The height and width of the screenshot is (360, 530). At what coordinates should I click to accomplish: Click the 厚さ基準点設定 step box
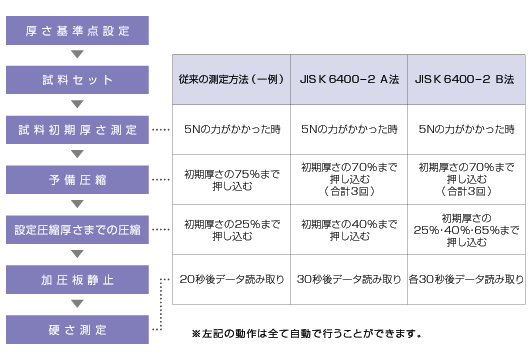pos(76,30)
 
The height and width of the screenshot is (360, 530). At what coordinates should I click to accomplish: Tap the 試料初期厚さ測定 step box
pos(76,130)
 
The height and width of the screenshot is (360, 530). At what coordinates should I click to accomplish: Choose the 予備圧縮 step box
pos(76,180)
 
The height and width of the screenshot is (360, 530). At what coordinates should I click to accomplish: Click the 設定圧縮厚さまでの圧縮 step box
pos(76,230)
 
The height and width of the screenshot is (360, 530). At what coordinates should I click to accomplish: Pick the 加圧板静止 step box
pos(76,279)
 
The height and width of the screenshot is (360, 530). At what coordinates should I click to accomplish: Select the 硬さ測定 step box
pos(76,328)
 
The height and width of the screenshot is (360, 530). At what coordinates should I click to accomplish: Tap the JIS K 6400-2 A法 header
pos(348,79)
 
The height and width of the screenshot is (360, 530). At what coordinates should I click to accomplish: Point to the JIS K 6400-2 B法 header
pos(466,79)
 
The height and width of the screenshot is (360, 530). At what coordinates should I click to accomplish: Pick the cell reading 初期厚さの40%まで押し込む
pos(348,230)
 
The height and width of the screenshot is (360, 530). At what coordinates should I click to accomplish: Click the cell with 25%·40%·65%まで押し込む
pos(466,230)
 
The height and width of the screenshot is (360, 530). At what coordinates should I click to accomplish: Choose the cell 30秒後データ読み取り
pos(348,279)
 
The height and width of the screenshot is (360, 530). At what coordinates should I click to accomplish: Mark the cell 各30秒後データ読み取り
pos(466,279)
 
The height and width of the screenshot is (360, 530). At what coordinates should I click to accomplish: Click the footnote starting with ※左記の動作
pos(305,333)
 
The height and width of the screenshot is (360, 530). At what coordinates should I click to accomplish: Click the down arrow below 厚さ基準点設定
pos(76,55)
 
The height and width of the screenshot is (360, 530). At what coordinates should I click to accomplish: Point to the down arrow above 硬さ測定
pos(76,304)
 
